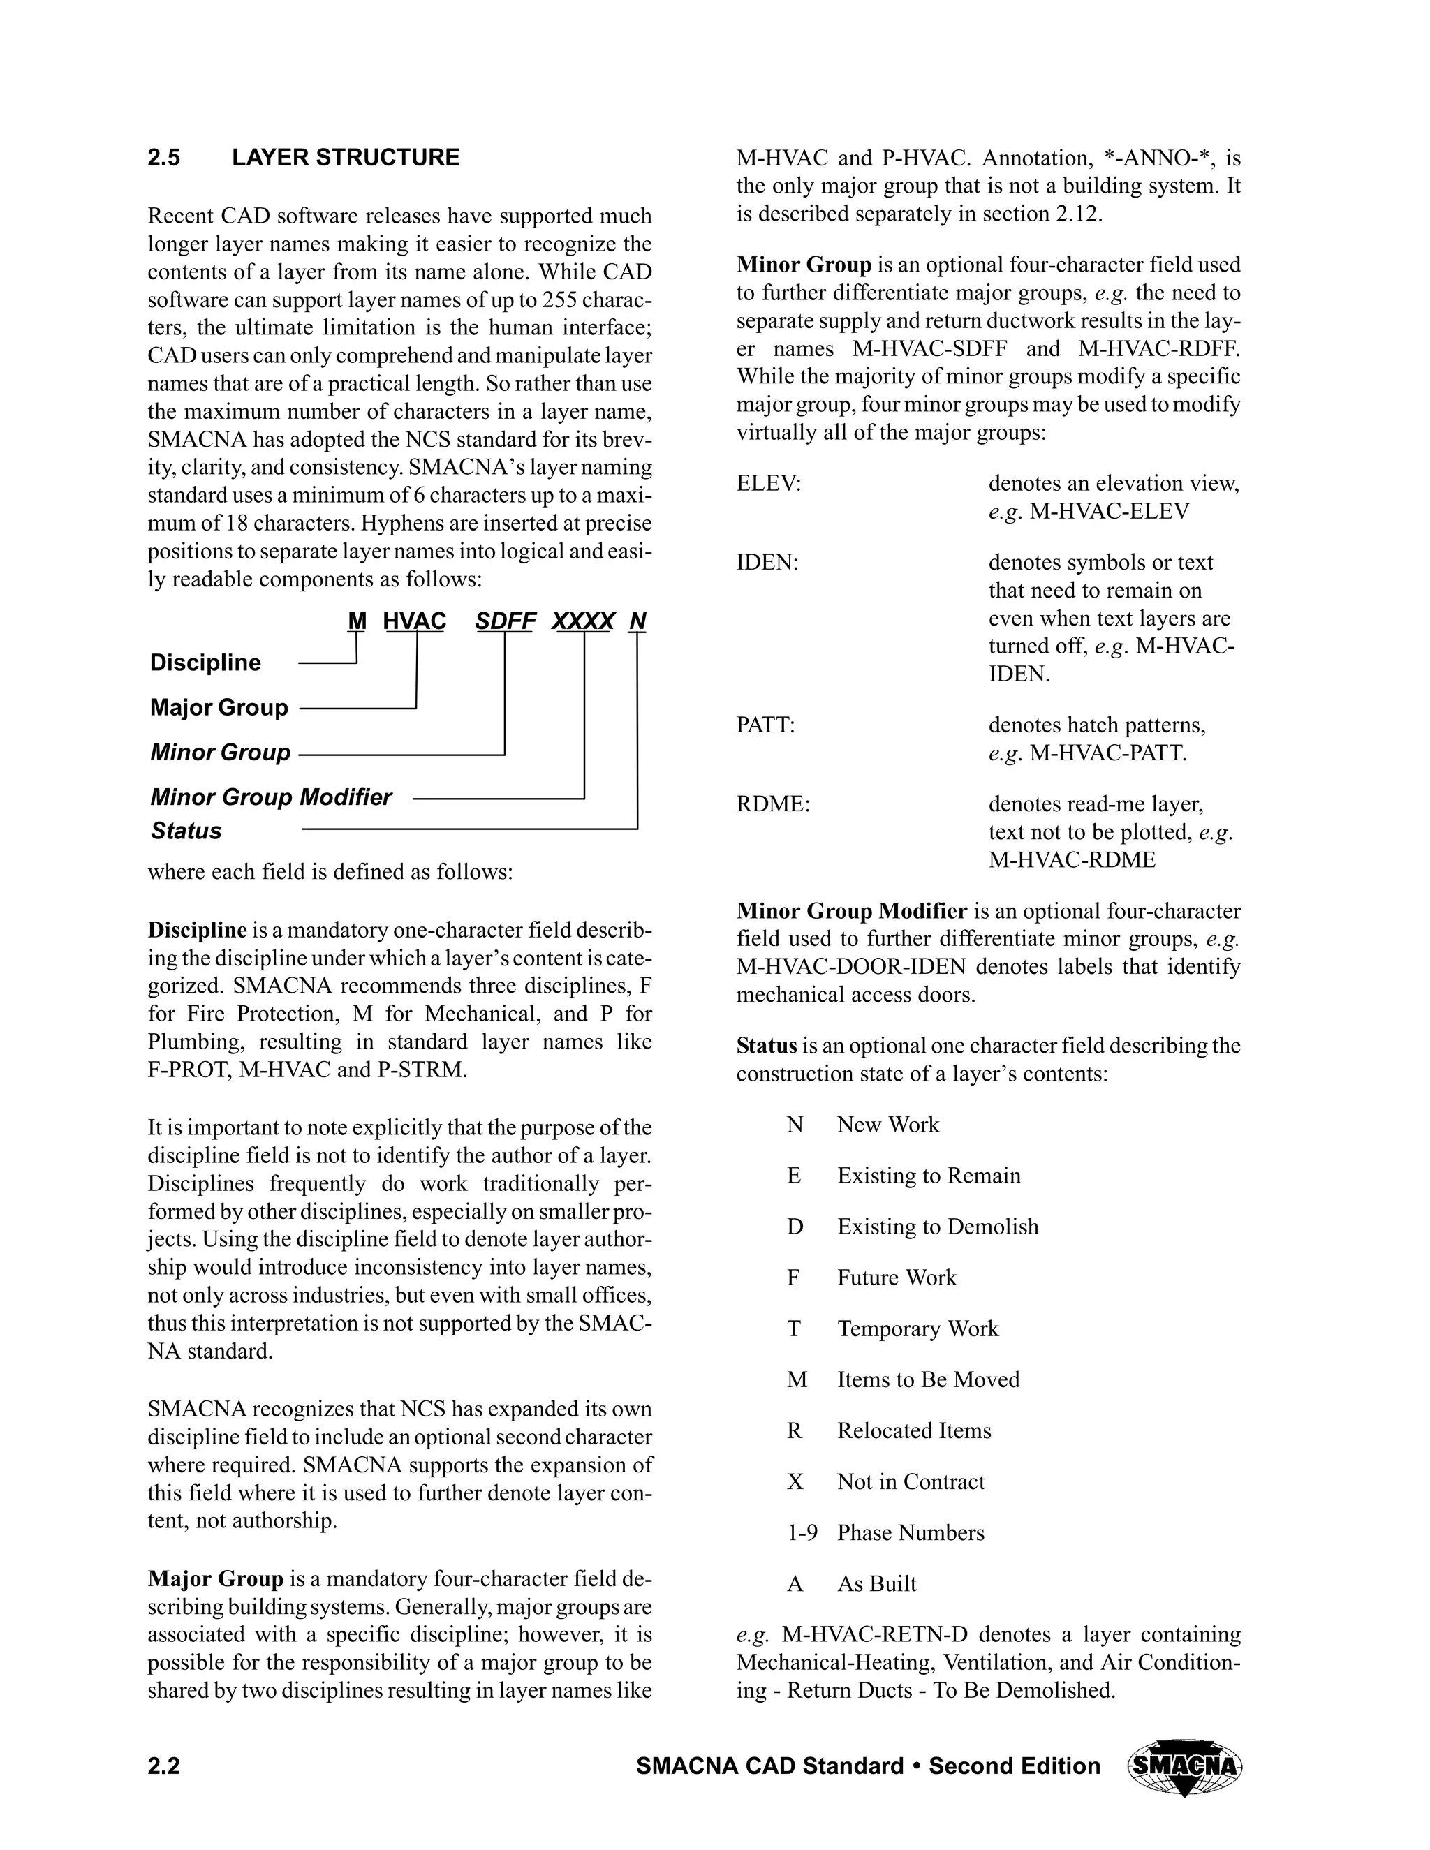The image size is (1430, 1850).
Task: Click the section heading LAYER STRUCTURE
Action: point(346,158)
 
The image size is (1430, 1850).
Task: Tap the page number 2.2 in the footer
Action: point(163,1766)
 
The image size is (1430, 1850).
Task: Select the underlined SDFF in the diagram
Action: point(505,622)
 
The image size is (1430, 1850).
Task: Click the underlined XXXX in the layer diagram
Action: point(583,622)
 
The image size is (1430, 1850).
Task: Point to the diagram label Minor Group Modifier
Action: point(271,797)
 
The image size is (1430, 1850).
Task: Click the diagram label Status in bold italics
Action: point(186,831)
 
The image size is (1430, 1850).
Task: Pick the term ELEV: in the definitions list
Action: point(768,484)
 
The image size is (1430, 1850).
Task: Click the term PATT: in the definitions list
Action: point(765,725)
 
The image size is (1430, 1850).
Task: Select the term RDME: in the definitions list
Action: point(773,804)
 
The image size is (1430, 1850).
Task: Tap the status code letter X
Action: point(795,1481)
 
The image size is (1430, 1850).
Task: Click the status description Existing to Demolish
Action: point(937,1227)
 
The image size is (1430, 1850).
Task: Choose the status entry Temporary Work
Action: point(917,1329)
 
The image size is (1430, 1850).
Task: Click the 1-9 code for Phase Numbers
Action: point(802,1532)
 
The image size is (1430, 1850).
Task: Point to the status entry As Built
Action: point(877,1583)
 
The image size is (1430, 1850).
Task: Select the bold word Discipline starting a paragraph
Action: point(196,930)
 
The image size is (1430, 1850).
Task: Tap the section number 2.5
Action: point(163,158)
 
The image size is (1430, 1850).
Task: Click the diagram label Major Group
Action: point(219,707)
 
